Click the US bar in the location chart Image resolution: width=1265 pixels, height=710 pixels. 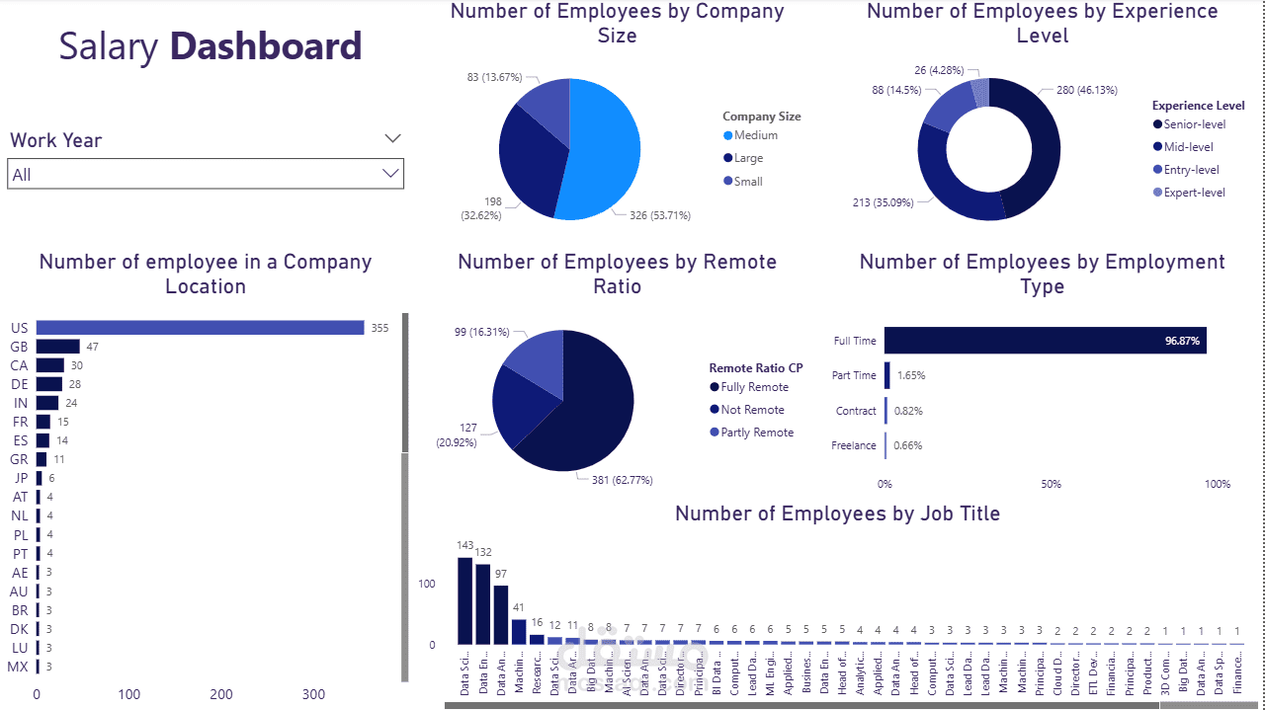pyautogui.click(x=200, y=328)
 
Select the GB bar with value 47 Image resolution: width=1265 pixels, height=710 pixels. pyautogui.click(x=58, y=347)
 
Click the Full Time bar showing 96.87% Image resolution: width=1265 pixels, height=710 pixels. pyautogui.click(x=1045, y=341)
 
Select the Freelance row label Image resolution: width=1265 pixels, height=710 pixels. pyautogui.click(x=854, y=445)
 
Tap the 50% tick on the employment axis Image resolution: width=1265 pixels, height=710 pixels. pyautogui.click(x=1051, y=484)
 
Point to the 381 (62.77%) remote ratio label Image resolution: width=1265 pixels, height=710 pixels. pyautogui.click(x=616, y=480)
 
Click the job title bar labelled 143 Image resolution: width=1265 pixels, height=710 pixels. pyautogui.click(x=465, y=600)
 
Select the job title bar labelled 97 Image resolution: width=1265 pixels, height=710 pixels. pyautogui.click(x=501, y=614)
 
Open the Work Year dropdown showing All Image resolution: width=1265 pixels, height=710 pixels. pyautogui.click(x=206, y=175)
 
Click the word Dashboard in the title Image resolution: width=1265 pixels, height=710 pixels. pyautogui.click(x=266, y=46)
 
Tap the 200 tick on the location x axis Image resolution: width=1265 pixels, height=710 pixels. pyautogui.click(x=221, y=694)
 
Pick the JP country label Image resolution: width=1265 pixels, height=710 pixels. pyautogui.click(x=20, y=478)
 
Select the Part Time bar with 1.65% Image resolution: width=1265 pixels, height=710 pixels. pyautogui.click(x=887, y=375)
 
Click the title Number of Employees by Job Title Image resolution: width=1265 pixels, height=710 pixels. pyautogui.click(x=837, y=513)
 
